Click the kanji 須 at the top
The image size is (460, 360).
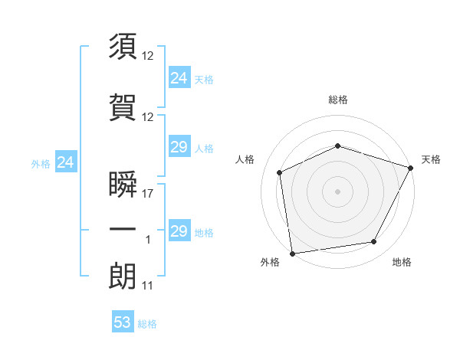tap(123, 47)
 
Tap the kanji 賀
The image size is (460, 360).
tap(123, 109)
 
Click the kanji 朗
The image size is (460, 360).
tap(123, 277)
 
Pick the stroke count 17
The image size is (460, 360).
tap(148, 195)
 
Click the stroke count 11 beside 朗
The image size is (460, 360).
tap(147, 286)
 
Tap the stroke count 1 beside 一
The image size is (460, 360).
tap(148, 241)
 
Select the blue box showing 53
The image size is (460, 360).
tap(123, 322)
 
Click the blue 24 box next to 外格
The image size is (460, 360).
tap(65, 162)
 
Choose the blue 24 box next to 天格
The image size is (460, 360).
tap(179, 77)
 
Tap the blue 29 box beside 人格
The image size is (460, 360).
tap(179, 147)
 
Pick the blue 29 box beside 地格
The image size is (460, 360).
tap(179, 231)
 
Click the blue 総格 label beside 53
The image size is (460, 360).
tap(147, 324)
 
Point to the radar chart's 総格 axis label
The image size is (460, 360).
tap(337, 100)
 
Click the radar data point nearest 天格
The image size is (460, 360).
tap(411, 168)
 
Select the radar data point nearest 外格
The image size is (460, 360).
tap(292, 253)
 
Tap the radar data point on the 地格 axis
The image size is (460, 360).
tap(374, 241)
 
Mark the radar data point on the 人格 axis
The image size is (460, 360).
tap(280, 172)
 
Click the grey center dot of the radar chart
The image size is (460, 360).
tap(337, 191)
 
